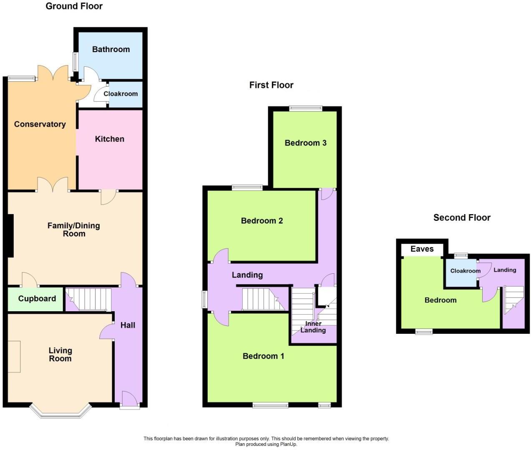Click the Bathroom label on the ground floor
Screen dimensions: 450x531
(111, 49)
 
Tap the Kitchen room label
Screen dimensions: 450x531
(109, 139)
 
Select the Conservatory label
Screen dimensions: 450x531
(40, 124)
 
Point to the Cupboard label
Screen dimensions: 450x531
(37, 299)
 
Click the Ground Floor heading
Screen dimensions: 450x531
(74, 6)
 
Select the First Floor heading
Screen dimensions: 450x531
(271, 85)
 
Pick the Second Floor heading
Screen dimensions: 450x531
(462, 217)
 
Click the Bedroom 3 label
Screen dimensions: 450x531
(305, 143)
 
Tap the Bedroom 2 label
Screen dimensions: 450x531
(262, 221)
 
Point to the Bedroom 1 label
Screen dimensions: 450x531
(263, 356)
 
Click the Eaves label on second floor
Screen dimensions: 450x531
(422, 249)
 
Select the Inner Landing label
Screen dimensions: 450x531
(313, 327)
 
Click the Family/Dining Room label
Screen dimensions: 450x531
(73, 230)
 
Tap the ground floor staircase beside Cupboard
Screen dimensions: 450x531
(89, 300)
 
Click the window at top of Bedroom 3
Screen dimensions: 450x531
(306, 108)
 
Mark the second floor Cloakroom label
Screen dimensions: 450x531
(465, 271)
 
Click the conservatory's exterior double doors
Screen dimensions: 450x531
(53, 73)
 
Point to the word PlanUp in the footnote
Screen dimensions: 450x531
(288, 444)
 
